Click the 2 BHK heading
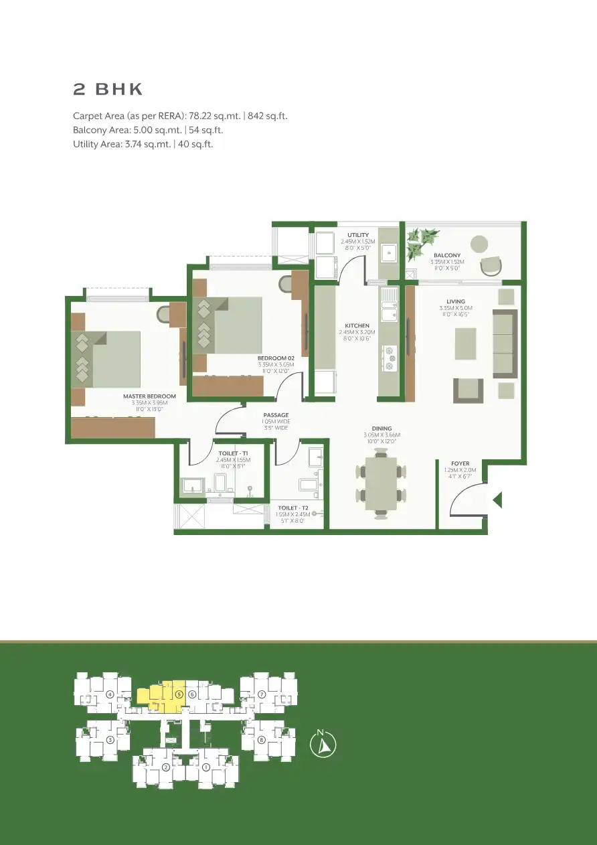tap(108, 90)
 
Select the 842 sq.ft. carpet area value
tap(267, 116)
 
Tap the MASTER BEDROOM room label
tap(149, 396)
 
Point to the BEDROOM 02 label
tap(276, 358)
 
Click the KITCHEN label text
tap(357, 326)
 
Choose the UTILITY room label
tap(357, 235)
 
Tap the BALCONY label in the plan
tap(446, 255)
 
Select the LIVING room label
tap(456, 302)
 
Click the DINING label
tap(381, 429)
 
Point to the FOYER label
tap(460, 463)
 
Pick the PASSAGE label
tap(276, 415)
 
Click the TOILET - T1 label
tap(233, 454)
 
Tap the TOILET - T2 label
tap(292, 508)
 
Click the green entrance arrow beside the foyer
tap(497, 500)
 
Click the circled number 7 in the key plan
tap(262, 694)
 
